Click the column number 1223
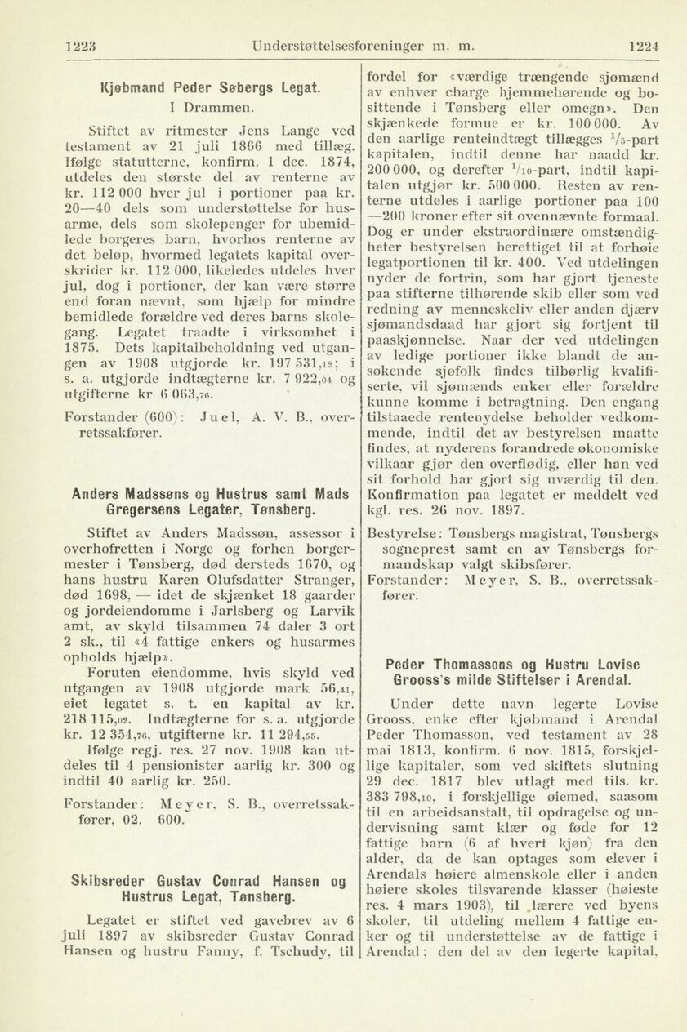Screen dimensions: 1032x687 tap(81, 47)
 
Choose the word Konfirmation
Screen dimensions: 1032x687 tap(409, 495)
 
